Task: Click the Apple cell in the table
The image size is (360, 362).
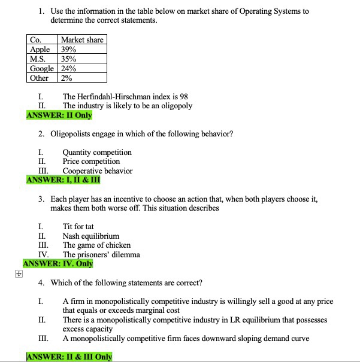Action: click(40, 50)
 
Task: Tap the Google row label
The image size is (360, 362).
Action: click(43, 68)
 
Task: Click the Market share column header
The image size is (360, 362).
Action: click(82, 40)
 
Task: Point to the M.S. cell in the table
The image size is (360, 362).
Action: click(38, 59)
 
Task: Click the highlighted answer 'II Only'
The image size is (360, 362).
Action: click(59, 115)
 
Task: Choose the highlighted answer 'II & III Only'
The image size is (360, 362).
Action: click(69, 357)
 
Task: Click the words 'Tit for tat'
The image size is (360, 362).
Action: click(78, 227)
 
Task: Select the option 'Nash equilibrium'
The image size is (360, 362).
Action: click(91, 236)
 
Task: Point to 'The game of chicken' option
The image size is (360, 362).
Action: click(96, 245)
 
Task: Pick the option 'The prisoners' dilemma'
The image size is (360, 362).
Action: click(101, 254)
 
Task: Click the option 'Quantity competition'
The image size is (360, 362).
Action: click(97, 153)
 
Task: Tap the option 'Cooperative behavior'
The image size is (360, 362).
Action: click(98, 171)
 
